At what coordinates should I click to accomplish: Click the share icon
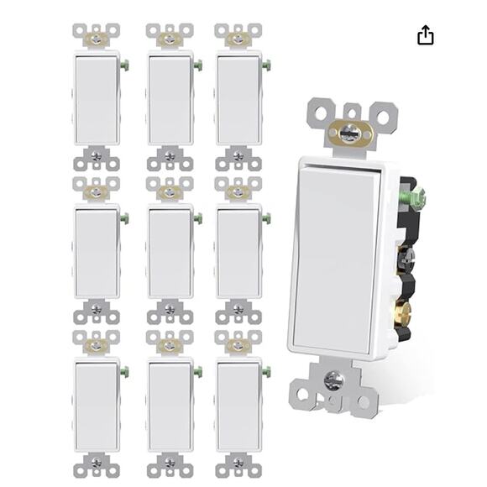(x=426, y=34)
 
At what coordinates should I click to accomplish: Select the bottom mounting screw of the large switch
(x=333, y=380)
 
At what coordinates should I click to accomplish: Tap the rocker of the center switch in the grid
(x=170, y=252)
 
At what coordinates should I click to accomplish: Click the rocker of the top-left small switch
(x=97, y=98)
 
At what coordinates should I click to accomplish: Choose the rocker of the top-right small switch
(x=238, y=98)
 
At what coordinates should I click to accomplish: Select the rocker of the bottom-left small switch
(x=97, y=406)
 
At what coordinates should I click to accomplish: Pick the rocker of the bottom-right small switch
(x=238, y=406)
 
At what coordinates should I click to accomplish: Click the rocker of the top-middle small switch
(x=170, y=98)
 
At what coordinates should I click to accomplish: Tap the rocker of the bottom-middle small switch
(x=170, y=406)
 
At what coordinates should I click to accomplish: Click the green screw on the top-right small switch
(x=266, y=65)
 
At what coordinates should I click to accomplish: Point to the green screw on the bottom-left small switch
(x=124, y=371)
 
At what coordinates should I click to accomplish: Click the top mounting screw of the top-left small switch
(x=97, y=38)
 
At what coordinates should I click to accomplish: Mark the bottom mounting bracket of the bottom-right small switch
(x=238, y=463)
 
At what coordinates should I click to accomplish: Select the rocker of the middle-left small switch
(x=97, y=252)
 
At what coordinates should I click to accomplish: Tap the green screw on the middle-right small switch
(x=266, y=218)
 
